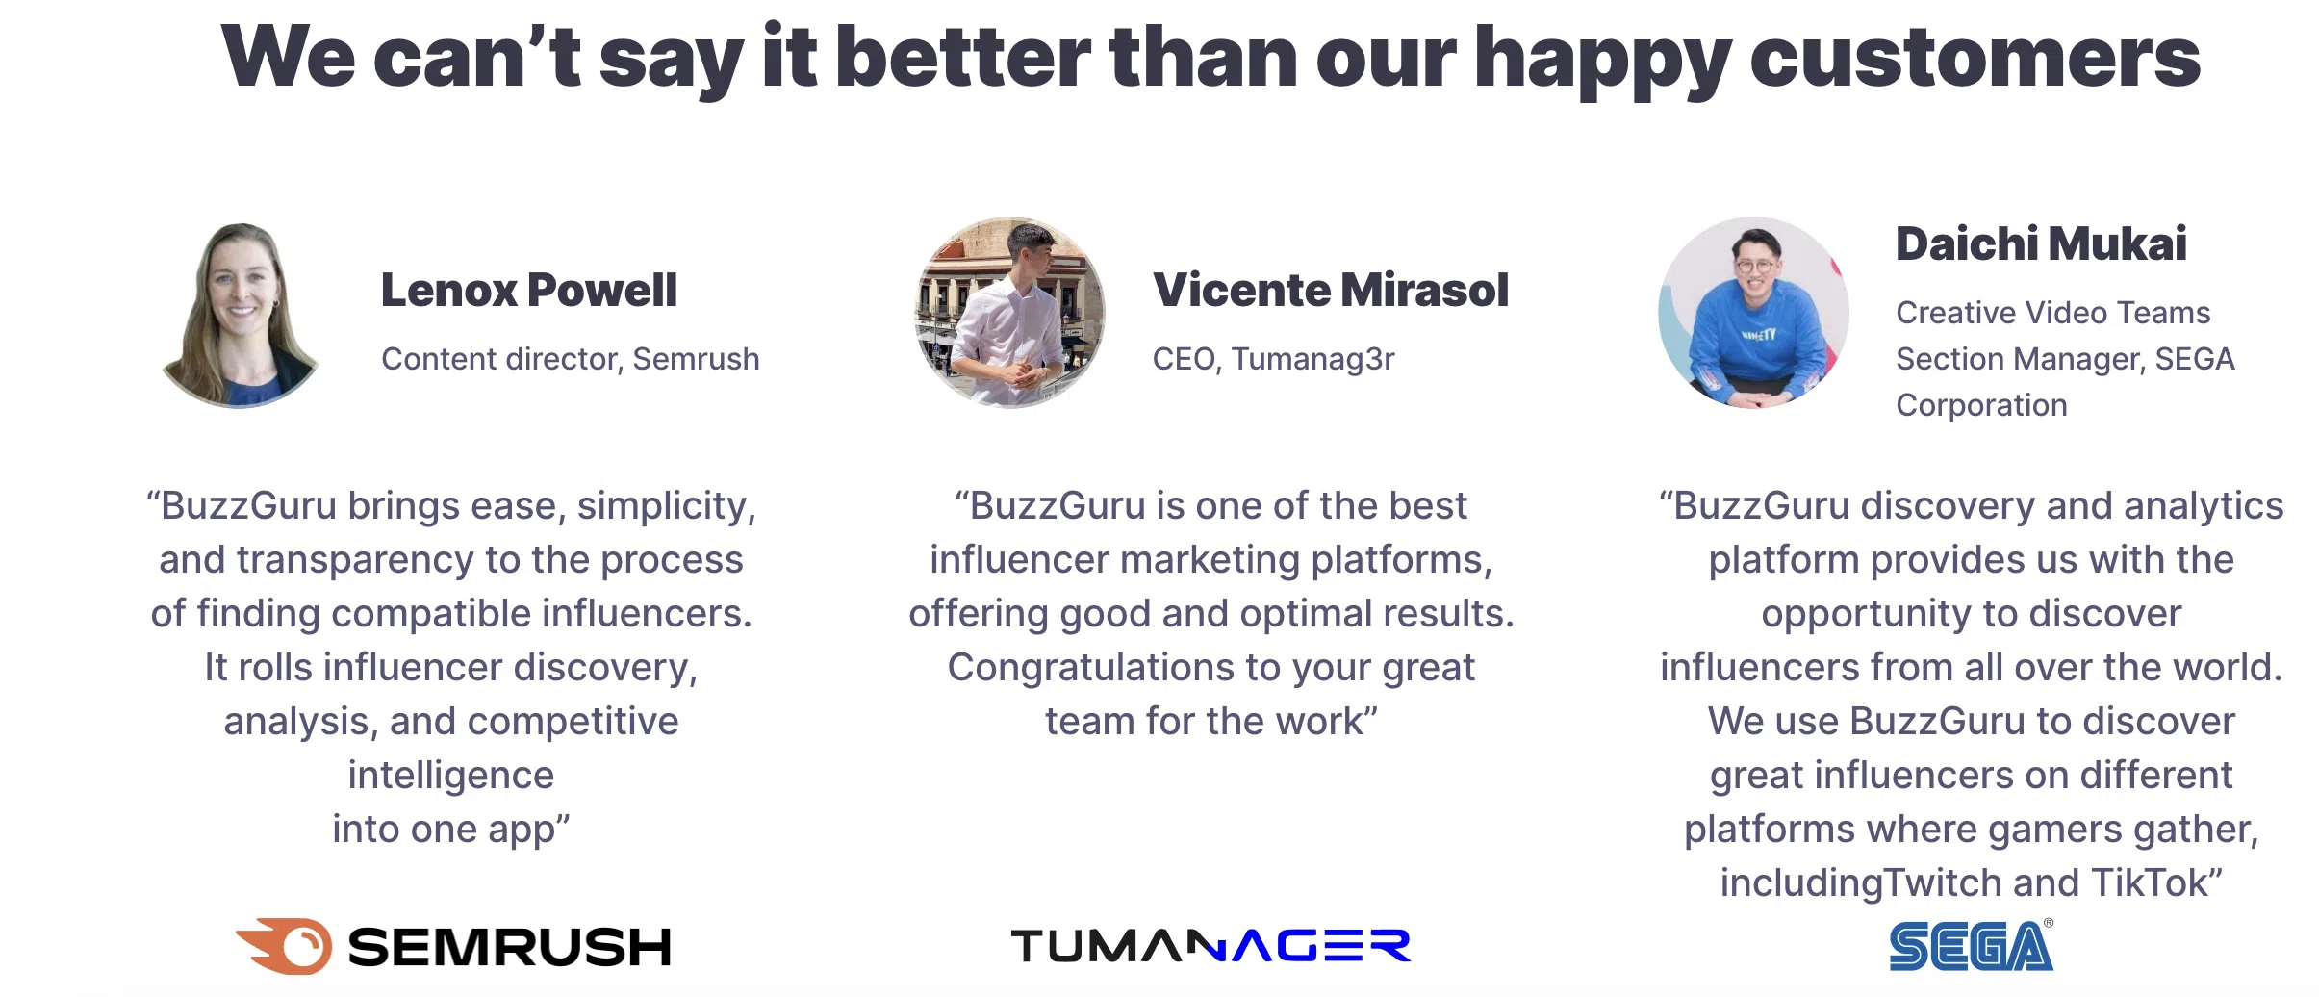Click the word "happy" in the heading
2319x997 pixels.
pyautogui.click(x=1602, y=59)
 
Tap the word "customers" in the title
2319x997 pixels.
pyautogui.click(x=1975, y=59)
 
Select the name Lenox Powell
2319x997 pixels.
pyautogui.click(x=529, y=290)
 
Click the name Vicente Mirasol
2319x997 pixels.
pyautogui.click(x=1331, y=290)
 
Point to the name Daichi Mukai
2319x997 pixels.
pyautogui.click(x=2041, y=243)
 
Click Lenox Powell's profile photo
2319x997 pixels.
pyautogui.click(x=241, y=314)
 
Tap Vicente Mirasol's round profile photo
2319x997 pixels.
pyautogui.click(x=1009, y=313)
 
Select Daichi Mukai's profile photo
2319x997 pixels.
pyautogui.click(x=1753, y=313)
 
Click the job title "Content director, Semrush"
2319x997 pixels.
pyautogui.click(x=571, y=359)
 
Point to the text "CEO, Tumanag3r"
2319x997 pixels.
pyautogui.click(x=1273, y=359)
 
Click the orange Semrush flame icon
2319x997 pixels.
pyautogui.click(x=284, y=945)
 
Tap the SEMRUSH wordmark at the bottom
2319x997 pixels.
pyautogui.click(x=509, y=947)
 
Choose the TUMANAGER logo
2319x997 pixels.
pyautogui.click(x=1210, y=945)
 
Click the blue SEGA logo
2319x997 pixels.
pyautogui.click(x=1971, y=945)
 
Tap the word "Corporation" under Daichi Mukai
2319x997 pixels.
pyautogui.click(x=1981, y=406)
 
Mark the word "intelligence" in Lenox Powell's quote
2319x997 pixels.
pyautogui.click(x=451, y=776)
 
